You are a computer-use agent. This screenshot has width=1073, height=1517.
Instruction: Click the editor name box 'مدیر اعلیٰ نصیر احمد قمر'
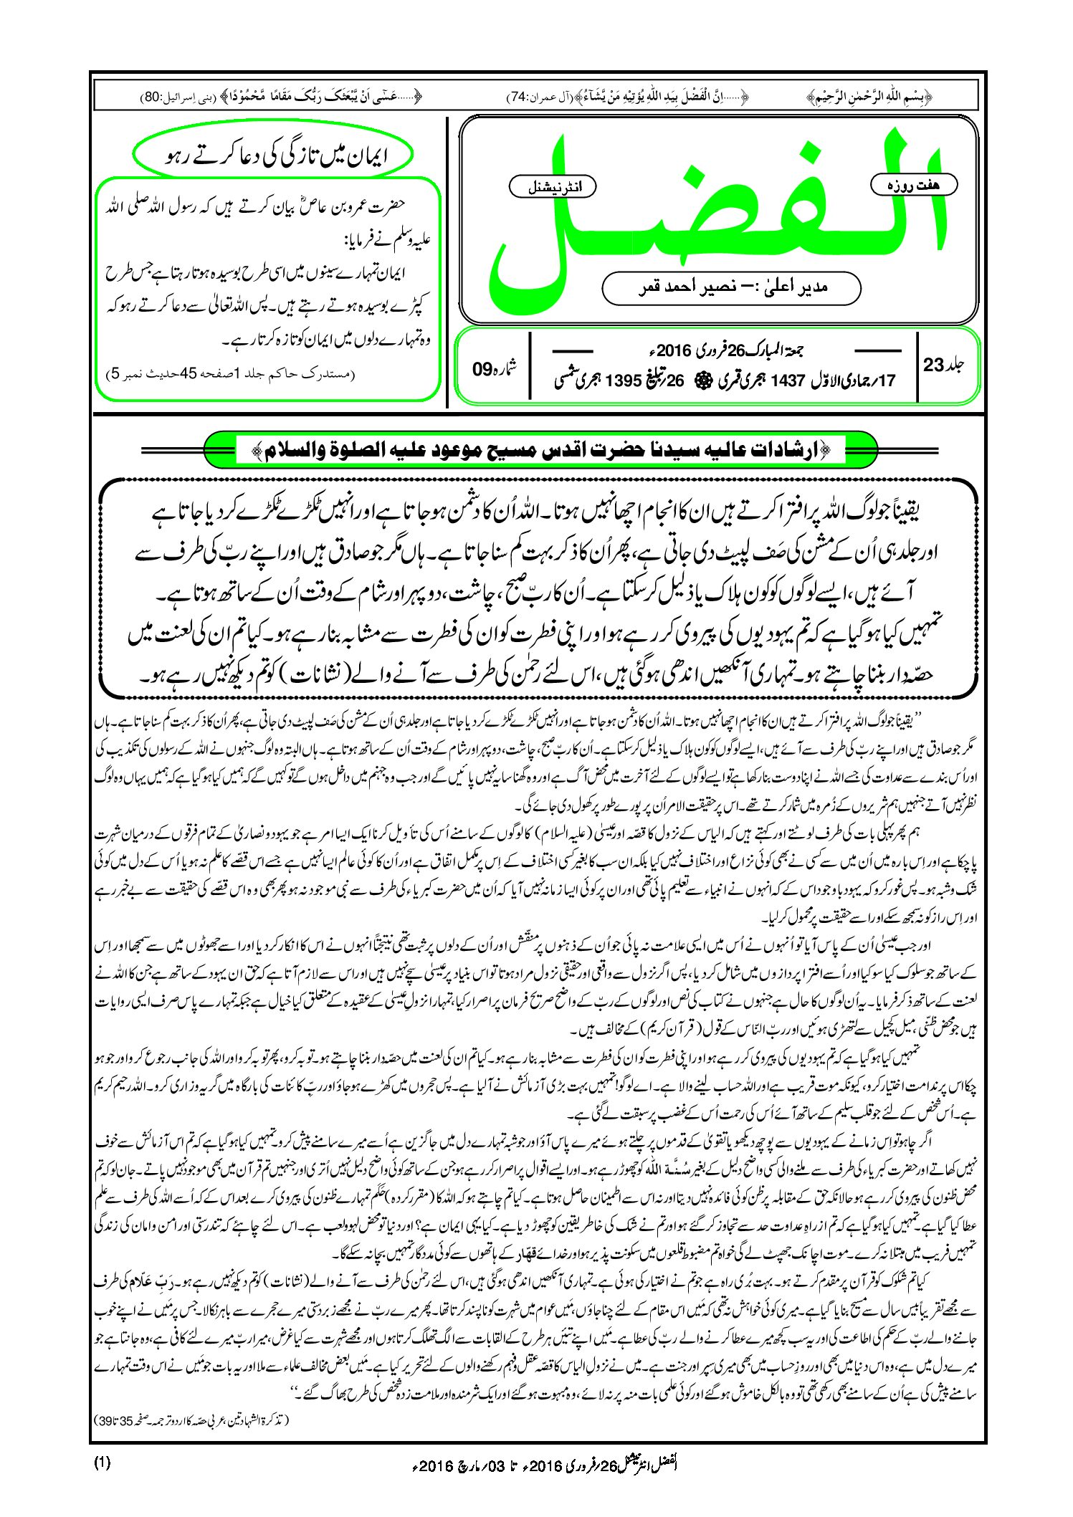[x=732, y=288]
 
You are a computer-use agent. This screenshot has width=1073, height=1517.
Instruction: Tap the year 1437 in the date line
[x=788, y=381]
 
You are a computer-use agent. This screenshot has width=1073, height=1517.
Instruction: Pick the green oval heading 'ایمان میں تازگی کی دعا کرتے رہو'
[x=273, y=155]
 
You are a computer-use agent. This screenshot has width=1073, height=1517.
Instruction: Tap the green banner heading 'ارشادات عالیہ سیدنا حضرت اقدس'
[x=542, y=451]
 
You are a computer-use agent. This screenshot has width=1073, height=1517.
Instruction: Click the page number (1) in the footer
[x=102, y=1463]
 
